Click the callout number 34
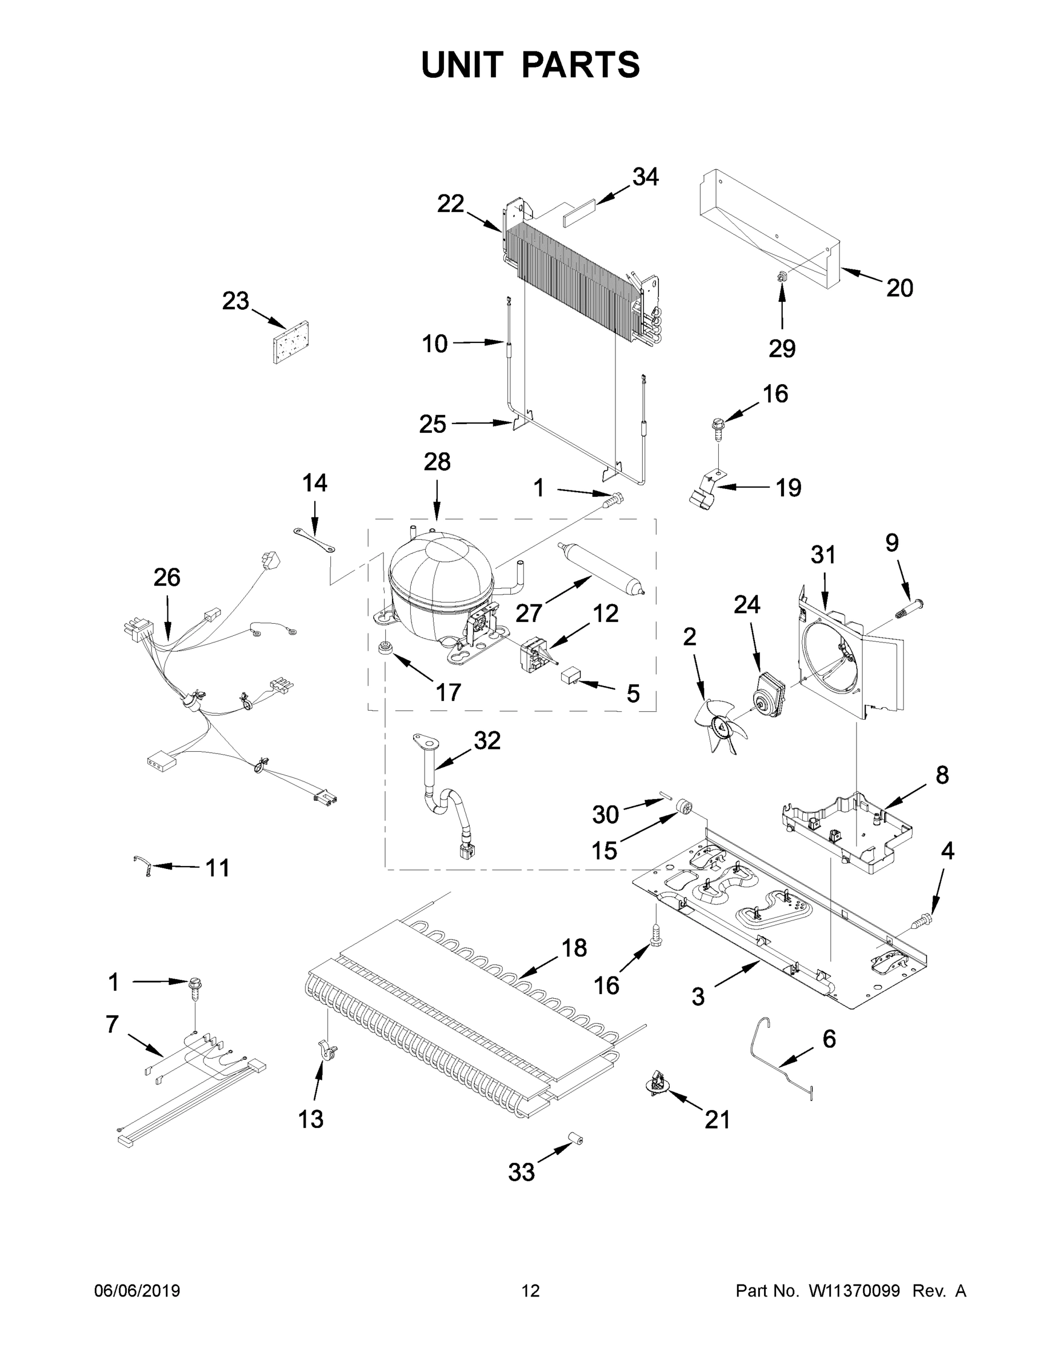click(645, 177)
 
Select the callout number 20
click(899, 288)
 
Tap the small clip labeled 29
click(782, 276)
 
